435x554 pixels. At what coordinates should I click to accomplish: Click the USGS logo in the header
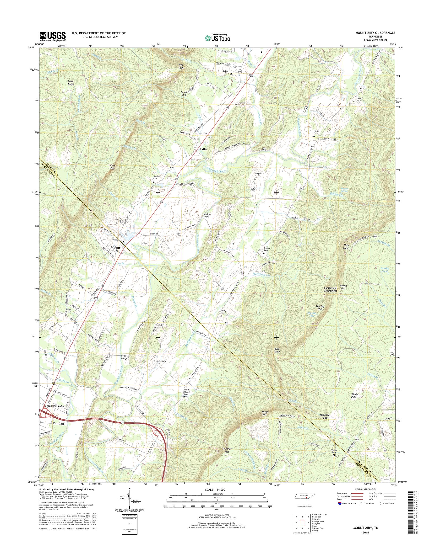click(x=53, y=37)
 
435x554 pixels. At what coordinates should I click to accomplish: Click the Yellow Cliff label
click(x=112, y=167)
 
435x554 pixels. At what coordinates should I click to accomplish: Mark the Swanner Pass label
click(x=227, y=450)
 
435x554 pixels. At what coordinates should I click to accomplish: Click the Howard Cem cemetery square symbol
click(x=353, y=101)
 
